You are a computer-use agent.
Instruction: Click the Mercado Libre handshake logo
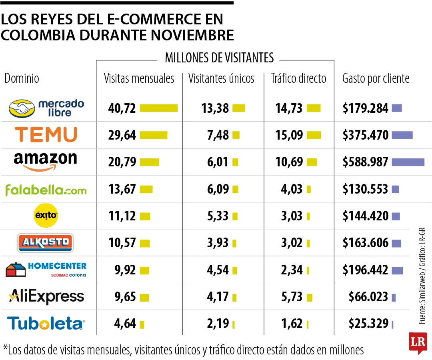tap(22, 108)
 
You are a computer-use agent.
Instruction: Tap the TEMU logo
tap(46, 135)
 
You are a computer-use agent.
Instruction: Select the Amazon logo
tap(45, 161)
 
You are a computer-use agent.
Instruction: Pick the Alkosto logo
tap(45, 243)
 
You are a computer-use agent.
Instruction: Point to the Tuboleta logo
tap(45, 323)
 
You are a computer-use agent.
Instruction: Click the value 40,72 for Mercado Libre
tap(122, 108)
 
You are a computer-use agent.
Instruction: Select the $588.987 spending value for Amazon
tap(365, 162)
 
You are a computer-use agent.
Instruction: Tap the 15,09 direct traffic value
tap(289, 135)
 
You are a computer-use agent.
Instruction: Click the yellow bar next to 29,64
tap(153, 135)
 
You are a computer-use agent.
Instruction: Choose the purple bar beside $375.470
tap(402, 135)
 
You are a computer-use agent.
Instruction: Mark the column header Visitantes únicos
tap(221, 78)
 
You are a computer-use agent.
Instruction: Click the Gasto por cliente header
tap(376, 78)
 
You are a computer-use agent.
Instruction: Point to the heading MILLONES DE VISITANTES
tap(219, 58)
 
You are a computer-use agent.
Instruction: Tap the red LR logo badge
tap(418, 342)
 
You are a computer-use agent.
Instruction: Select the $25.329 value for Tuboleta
tap(368, 323)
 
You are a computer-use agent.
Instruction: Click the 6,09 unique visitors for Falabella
tap(218, 189)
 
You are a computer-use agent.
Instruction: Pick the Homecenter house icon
tap(15, 270)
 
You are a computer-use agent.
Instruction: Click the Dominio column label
tap(22, 78)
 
